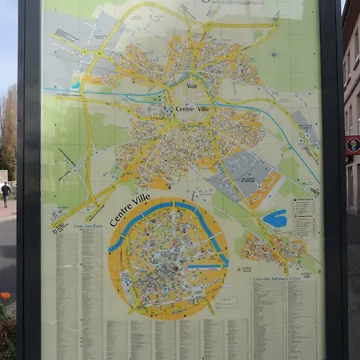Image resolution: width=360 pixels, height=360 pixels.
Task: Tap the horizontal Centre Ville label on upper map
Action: pos(192,109)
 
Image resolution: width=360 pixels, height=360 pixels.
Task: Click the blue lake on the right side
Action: pos(274,218)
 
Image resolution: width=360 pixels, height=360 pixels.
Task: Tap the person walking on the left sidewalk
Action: pos(6,193)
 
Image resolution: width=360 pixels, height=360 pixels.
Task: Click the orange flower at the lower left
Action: pos(6,295)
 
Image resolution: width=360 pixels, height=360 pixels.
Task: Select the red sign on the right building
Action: pos(352,145)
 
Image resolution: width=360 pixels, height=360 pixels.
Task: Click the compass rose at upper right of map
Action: pos(273,55)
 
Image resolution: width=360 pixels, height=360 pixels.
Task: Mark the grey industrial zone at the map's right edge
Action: pos(304,128)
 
